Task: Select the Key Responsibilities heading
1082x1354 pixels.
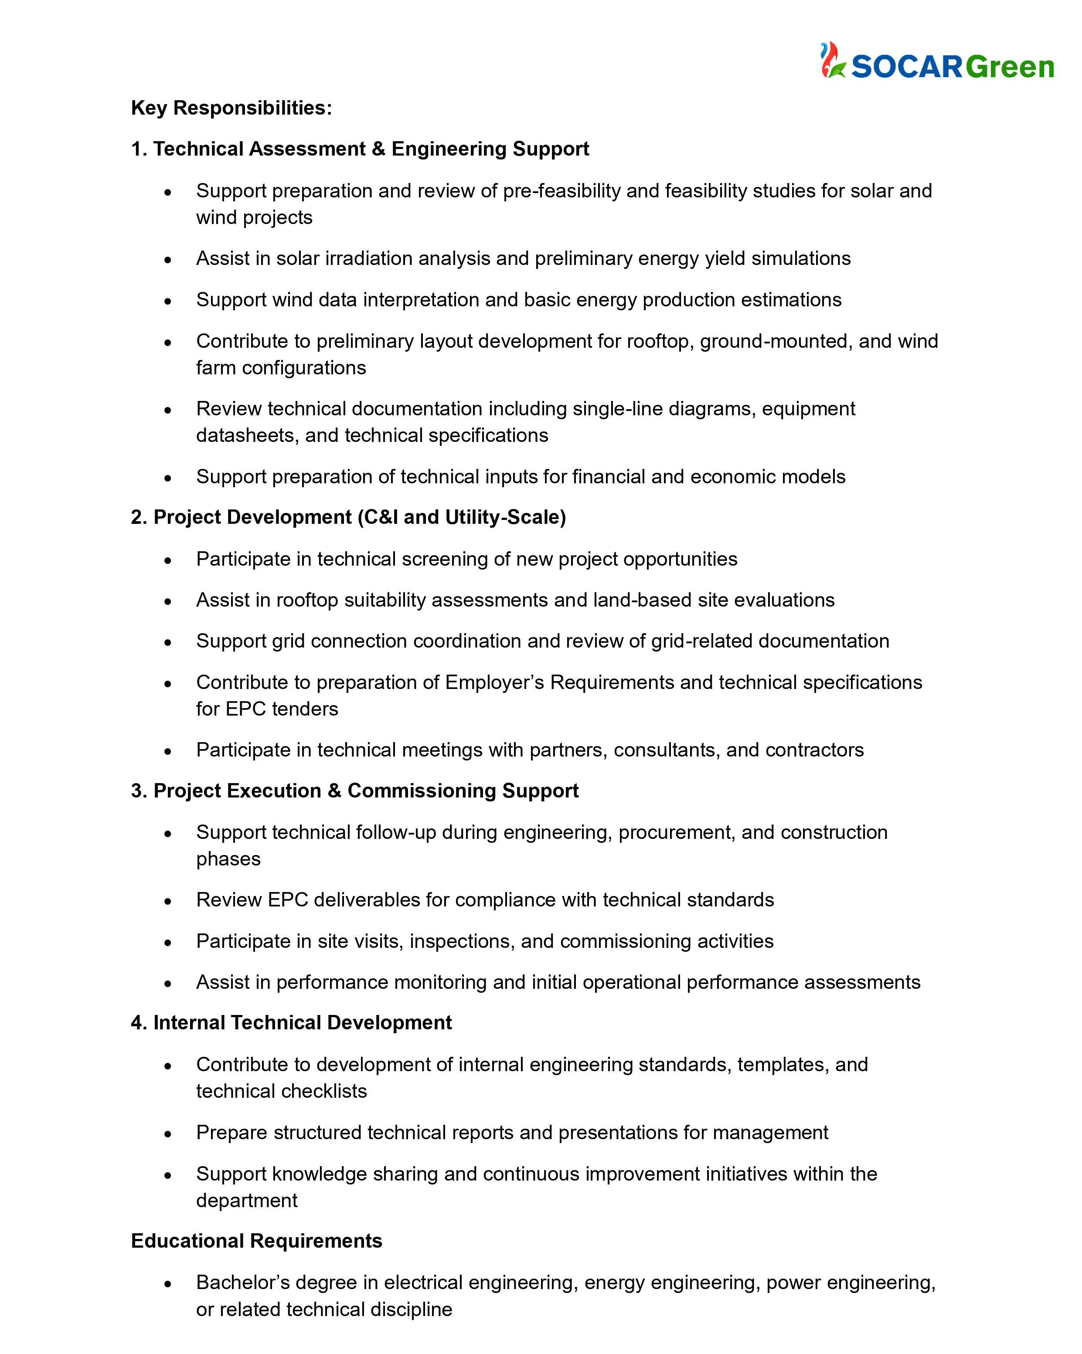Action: coord(231,108)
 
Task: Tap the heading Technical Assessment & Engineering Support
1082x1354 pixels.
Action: coord(360,149)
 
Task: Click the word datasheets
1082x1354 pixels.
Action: coord(247,435)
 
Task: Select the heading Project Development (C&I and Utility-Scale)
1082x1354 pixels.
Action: coord(349,517)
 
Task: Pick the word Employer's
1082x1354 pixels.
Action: coord(494,682)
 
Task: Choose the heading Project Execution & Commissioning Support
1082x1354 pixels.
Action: coord(355,791)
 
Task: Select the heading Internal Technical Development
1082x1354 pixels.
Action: coord(292,1022)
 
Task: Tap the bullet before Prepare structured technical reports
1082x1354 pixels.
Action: coord(168,1133)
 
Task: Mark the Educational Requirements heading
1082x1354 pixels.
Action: coord(256,1241)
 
